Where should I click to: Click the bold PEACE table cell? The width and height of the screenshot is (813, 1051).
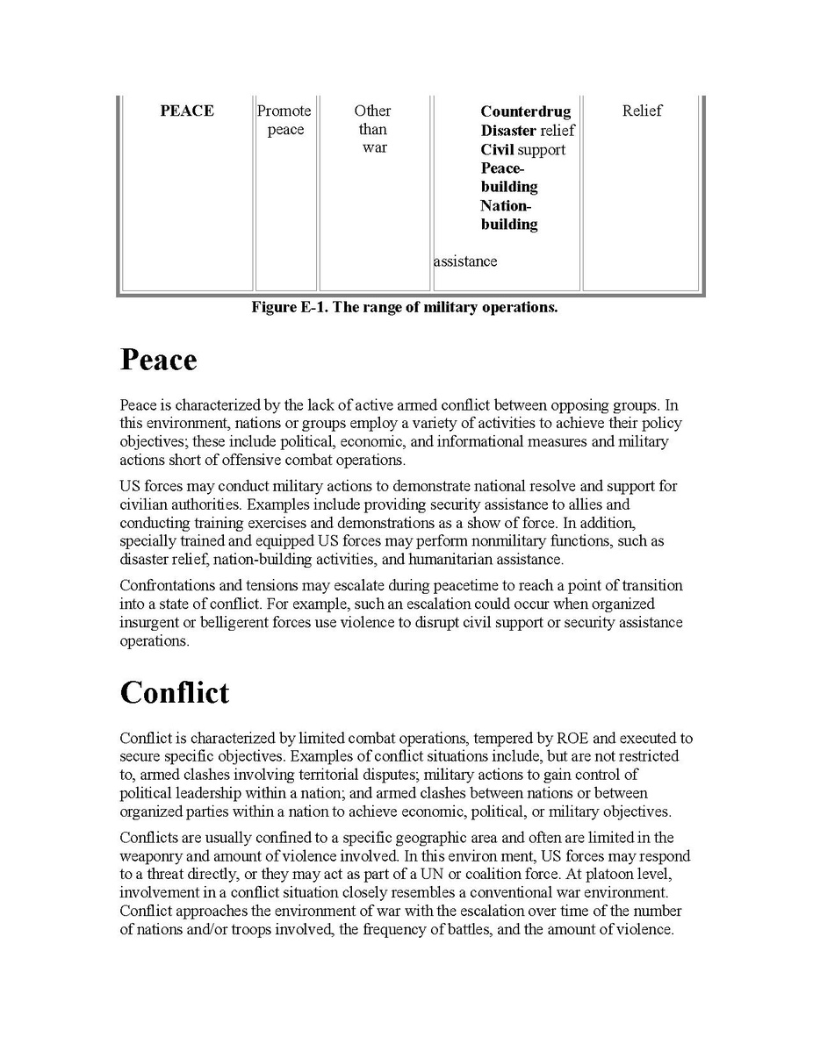187,111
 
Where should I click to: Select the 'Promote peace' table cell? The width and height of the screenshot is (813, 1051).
284,120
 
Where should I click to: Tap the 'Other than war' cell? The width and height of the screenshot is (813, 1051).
373,129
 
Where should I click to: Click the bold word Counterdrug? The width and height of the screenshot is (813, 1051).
525,111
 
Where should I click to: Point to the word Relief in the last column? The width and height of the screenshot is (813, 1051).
642,111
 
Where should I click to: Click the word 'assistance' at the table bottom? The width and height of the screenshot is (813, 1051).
464,261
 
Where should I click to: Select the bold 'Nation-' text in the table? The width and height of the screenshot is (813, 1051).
506,205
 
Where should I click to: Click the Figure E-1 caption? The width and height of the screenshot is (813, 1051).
404,307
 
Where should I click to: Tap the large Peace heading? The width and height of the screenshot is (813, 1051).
158,360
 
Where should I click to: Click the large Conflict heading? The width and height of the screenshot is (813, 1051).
174,692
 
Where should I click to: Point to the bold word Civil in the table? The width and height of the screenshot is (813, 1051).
497,149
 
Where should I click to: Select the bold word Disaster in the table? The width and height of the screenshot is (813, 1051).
507,131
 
